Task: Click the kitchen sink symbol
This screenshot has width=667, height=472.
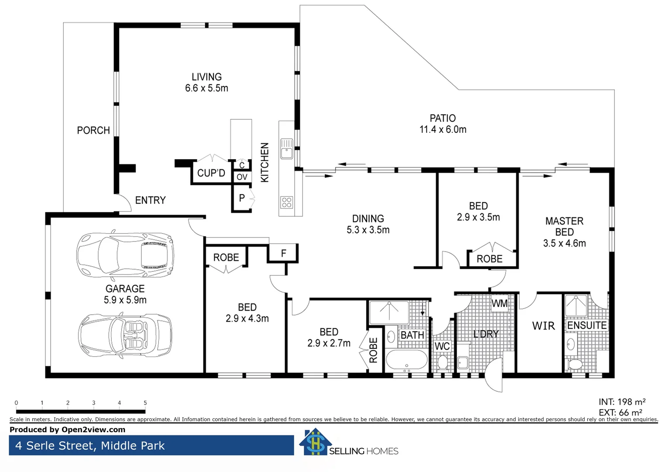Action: pyautogui.click(x=286, y=148)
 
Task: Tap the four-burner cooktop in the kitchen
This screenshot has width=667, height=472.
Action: pyautogui.click(x=286, y=202)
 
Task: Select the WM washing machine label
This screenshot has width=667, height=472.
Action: pyautogui.click(x=499, y=303)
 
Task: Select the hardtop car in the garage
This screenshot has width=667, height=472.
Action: pyautogui.click(x=125, y=254)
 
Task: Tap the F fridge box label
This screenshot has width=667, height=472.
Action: pyautogui.click(x=283, y=253)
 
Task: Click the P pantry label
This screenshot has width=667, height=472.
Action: pyautogui.click(x=242, y=198)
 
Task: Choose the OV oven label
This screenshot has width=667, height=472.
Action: pyautogui.click(x=242, y=177)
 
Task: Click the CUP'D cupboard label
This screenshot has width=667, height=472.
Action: pyautogui.click(x=211, y=173)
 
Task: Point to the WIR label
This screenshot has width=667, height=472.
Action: pyautogui.click(x=543, y=326)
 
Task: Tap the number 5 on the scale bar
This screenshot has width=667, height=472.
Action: pyautogui.click(x=145, y=403)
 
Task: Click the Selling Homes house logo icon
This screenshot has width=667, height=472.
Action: pyautogui.click(x=315, y=442)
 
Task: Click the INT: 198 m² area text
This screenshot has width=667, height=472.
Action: pyautogui.click(x=622, y=402)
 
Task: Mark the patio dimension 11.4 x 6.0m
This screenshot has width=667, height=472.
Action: pyautogui.click(x=443, y=130)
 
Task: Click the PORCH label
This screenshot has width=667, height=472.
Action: pyautogui.click(x=93, y=131)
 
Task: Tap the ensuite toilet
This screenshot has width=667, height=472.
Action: pyautogui.click(x=575, y=364)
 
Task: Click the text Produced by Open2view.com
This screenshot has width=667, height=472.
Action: pyautogui.click(x=67, y=430)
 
